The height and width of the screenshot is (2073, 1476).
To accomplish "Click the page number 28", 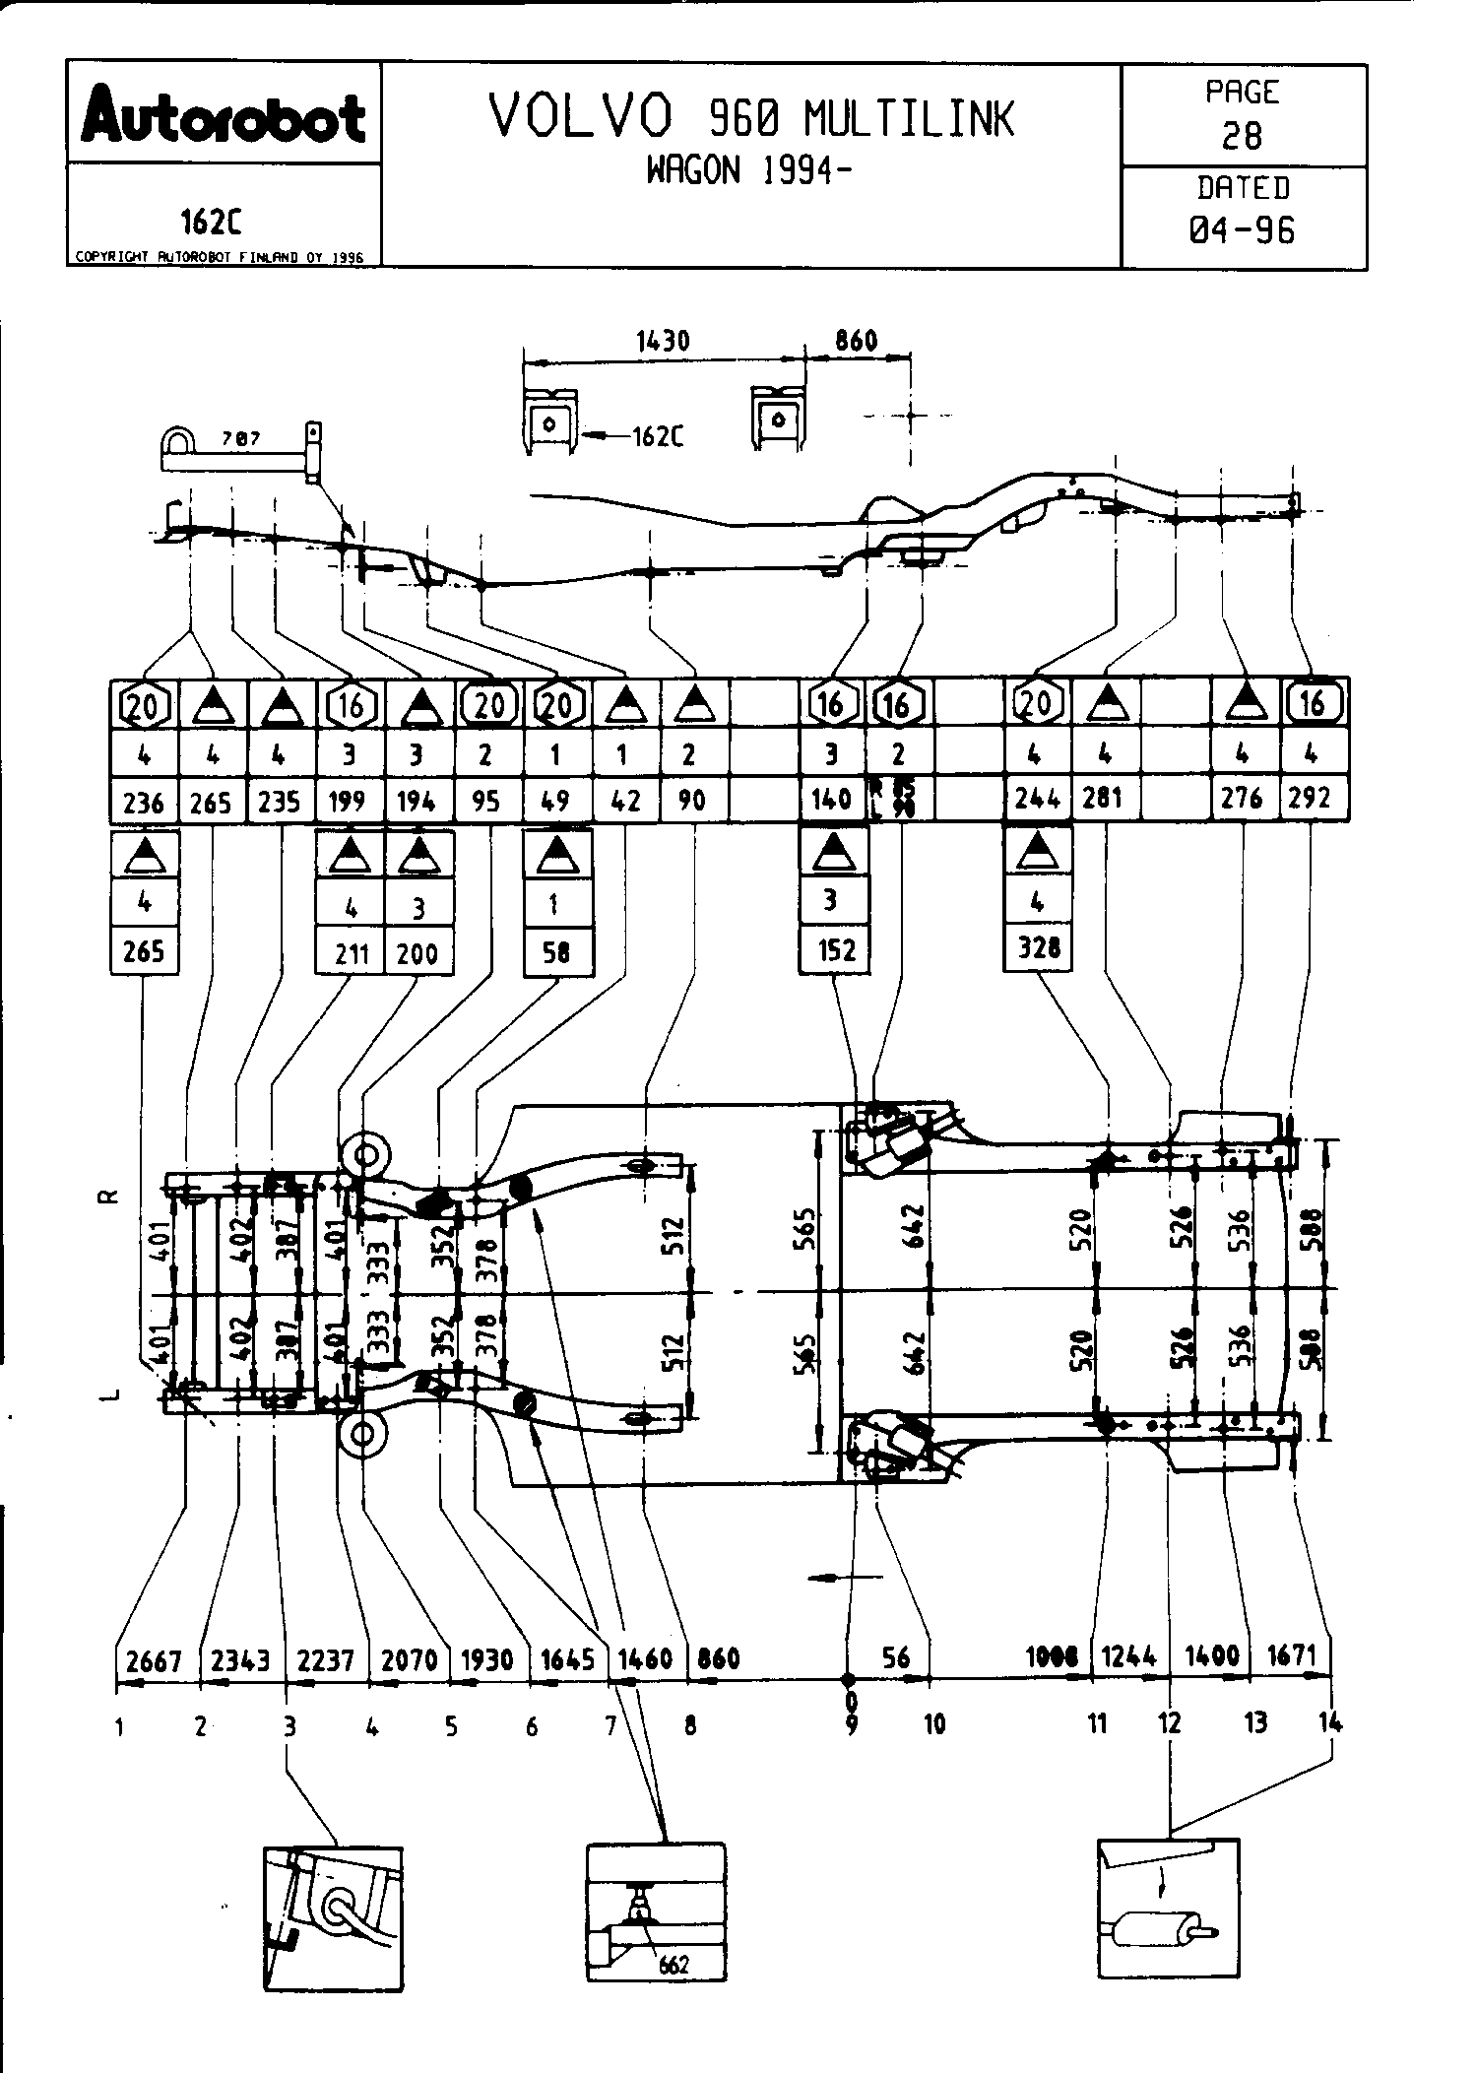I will pyautogui.click(x=1242, y=135).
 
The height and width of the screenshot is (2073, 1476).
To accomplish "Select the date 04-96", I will pyautogui.click(x=1242, y=230).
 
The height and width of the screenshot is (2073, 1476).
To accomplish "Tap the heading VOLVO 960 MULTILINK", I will pyautogui.click(x=750, y=117).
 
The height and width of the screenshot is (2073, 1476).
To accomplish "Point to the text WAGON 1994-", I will pyautogui.click(x=748, y=170).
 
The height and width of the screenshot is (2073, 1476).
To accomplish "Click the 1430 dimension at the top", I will pyautogui.click(x=663, y=341).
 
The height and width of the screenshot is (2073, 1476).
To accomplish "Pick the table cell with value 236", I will pyautogui.click(x=144, y=803).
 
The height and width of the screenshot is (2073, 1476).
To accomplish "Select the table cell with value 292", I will pyautogui.click(x=1310, y=799).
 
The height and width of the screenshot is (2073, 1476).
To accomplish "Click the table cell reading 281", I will pyautogui.click(x=1103, y=799).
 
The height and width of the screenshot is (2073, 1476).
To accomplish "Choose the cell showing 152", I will pyautogui.click(x=833, y=950).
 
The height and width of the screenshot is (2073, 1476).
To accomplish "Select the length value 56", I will pyautogui.click(x=895, y=1656).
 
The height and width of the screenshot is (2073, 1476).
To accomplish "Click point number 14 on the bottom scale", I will pyautogui.click(x=1329, y=1722).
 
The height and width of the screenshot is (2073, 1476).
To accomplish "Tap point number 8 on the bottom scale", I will pyautogui.click(x=690, y=1724).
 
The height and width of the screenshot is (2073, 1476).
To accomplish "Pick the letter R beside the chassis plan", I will pyautogui.click(x=110, y=1198).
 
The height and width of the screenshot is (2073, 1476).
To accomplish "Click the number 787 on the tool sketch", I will pyautogui.click(x=239, y=439).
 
